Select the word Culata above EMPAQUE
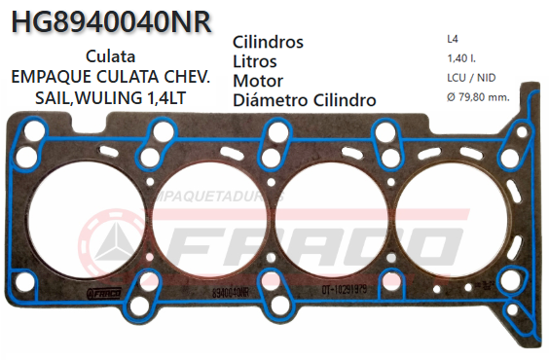point(110,56)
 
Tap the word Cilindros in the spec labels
point(269,43)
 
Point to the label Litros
point(256,61)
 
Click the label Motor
point(259,81)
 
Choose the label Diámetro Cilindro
point(305,99)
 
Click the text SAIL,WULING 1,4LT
point(110,98)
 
